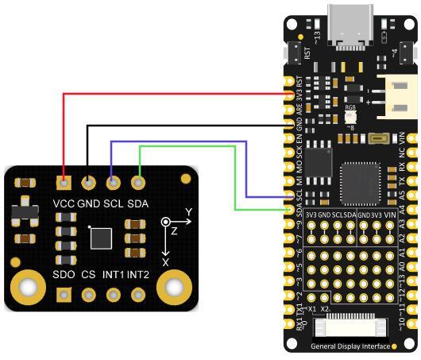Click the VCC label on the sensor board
(64, 203)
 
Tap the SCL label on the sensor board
(114, 203)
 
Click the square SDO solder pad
(64, 296)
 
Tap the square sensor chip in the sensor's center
(102, 238)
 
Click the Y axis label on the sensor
(188, 211)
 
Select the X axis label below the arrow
(165, 261)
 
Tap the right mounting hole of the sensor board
(174, 286)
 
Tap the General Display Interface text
(350, 346)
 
